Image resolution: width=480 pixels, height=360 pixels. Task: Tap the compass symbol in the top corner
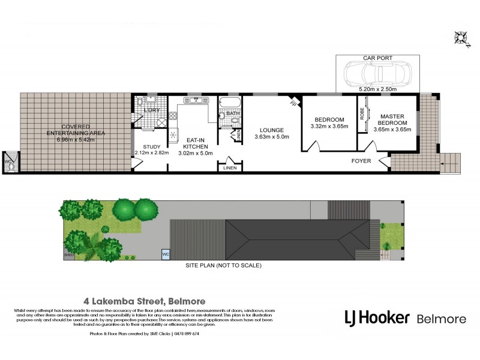[462, 37]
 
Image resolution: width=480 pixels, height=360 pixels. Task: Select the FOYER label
[361, 161]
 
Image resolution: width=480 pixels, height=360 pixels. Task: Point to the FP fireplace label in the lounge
[293, 103]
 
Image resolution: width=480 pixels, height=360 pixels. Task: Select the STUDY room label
[151, 146]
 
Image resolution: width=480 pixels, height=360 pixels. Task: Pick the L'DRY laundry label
[151, 111]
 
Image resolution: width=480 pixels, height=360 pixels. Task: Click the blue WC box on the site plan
[165, 254]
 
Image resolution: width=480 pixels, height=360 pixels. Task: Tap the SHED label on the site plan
[68, 255]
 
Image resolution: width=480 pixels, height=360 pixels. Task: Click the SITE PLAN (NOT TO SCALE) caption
[223, 265]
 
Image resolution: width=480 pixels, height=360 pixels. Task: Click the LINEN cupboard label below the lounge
[230, 168]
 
